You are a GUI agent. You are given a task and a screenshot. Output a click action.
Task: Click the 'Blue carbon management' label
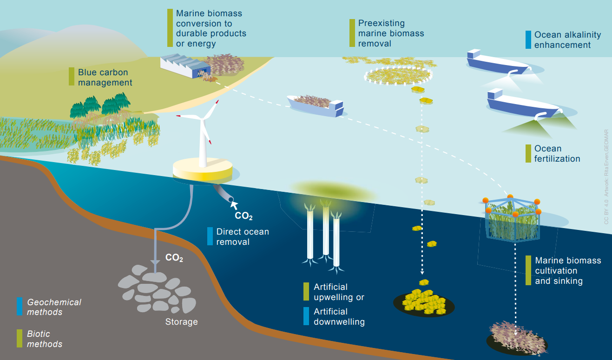(x=105, y=78)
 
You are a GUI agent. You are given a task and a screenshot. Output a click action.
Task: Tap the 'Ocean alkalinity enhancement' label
(x=567, y=40)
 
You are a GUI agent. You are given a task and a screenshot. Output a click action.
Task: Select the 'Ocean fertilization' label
(x=557, y=154)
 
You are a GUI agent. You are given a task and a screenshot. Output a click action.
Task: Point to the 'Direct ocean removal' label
(x=243, y=236)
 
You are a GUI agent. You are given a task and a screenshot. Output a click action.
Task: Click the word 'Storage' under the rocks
(x=181, y=322)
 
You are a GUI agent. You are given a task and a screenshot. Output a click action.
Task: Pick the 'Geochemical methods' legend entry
(x=54, y=307)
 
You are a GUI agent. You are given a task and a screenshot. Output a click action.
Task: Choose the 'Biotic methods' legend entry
(x=45, y=339)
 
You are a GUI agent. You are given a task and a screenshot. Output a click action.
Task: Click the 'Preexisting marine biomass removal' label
(x=391, y=33)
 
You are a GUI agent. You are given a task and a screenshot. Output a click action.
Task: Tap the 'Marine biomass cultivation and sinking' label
(x=568, y=271)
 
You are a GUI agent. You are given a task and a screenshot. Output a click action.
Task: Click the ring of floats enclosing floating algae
(x=398, y=74)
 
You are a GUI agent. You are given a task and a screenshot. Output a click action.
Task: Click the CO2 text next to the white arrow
(x=243, y=216)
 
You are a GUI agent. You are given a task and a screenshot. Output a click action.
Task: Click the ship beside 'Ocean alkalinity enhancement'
(x=497, y=63)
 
